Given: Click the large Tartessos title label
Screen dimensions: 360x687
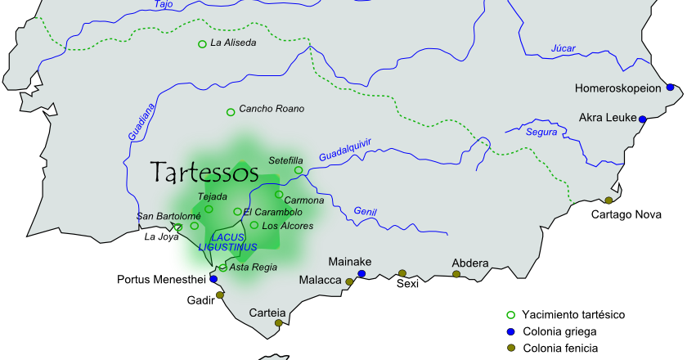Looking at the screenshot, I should point(204,172).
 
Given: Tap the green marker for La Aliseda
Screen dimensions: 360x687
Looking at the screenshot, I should point(202,43).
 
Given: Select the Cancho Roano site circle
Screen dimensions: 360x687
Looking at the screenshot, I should point(231,112).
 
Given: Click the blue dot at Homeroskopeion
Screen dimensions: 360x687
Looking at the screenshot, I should point(670,87).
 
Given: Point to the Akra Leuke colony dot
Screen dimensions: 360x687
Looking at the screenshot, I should point(643,119).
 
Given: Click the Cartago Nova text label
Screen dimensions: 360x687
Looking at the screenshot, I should point(626,215).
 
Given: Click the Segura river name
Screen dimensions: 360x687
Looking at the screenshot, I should point(542,133).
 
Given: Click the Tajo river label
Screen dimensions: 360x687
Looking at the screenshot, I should point(164,5).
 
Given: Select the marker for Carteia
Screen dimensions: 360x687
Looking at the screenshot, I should point(279,323).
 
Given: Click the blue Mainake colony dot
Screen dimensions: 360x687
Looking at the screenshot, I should point(361,274).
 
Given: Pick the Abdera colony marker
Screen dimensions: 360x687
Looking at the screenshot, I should point(456,274).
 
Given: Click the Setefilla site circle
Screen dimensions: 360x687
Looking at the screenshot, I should point(299,170).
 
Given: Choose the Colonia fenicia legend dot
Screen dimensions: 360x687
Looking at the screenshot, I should point(511,349).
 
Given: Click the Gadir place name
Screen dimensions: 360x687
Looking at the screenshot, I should point(200,300).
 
